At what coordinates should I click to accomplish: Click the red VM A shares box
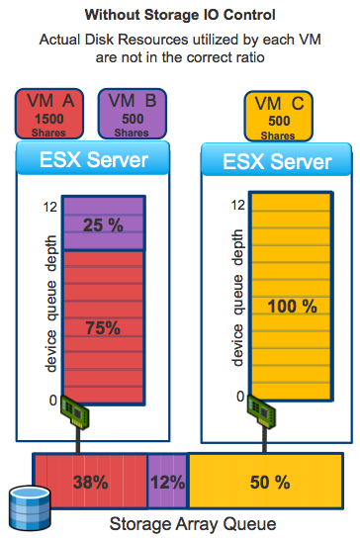click(52, 115)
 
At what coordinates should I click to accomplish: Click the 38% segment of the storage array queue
click(90, 483)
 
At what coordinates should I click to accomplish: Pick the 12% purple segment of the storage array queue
click(167, 483)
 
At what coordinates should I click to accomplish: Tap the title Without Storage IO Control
click(180, 15)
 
